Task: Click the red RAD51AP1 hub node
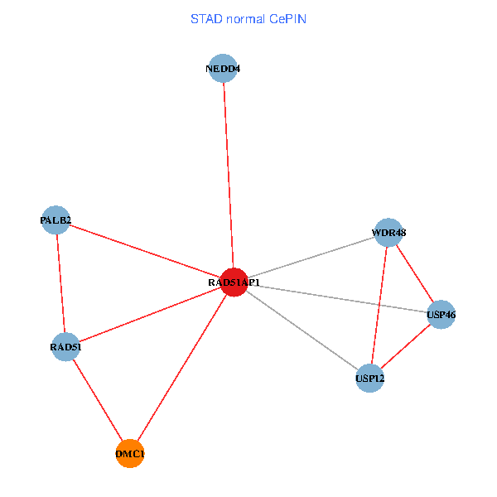[234, 282]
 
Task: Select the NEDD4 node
[223, 68]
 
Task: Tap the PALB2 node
[55, 220]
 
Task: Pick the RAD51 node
[65, 347]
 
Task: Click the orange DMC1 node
[130, 454]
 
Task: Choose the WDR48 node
[388, 233]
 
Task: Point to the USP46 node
[441, 315]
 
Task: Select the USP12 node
[369, 379]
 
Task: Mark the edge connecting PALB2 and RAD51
[60, 283]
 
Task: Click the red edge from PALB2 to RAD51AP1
[145, 252]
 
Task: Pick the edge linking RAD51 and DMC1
[98, 400]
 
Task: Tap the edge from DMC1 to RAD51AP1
[182, 368]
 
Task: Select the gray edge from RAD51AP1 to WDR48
[311, 258]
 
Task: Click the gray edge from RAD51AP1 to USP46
[337, 298]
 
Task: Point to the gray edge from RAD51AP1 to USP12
[302, 331]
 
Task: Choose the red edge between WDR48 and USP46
[414, 273]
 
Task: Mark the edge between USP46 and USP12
[405, 346]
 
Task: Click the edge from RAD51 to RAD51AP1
[149, 315]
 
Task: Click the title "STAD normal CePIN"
[248, 18]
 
